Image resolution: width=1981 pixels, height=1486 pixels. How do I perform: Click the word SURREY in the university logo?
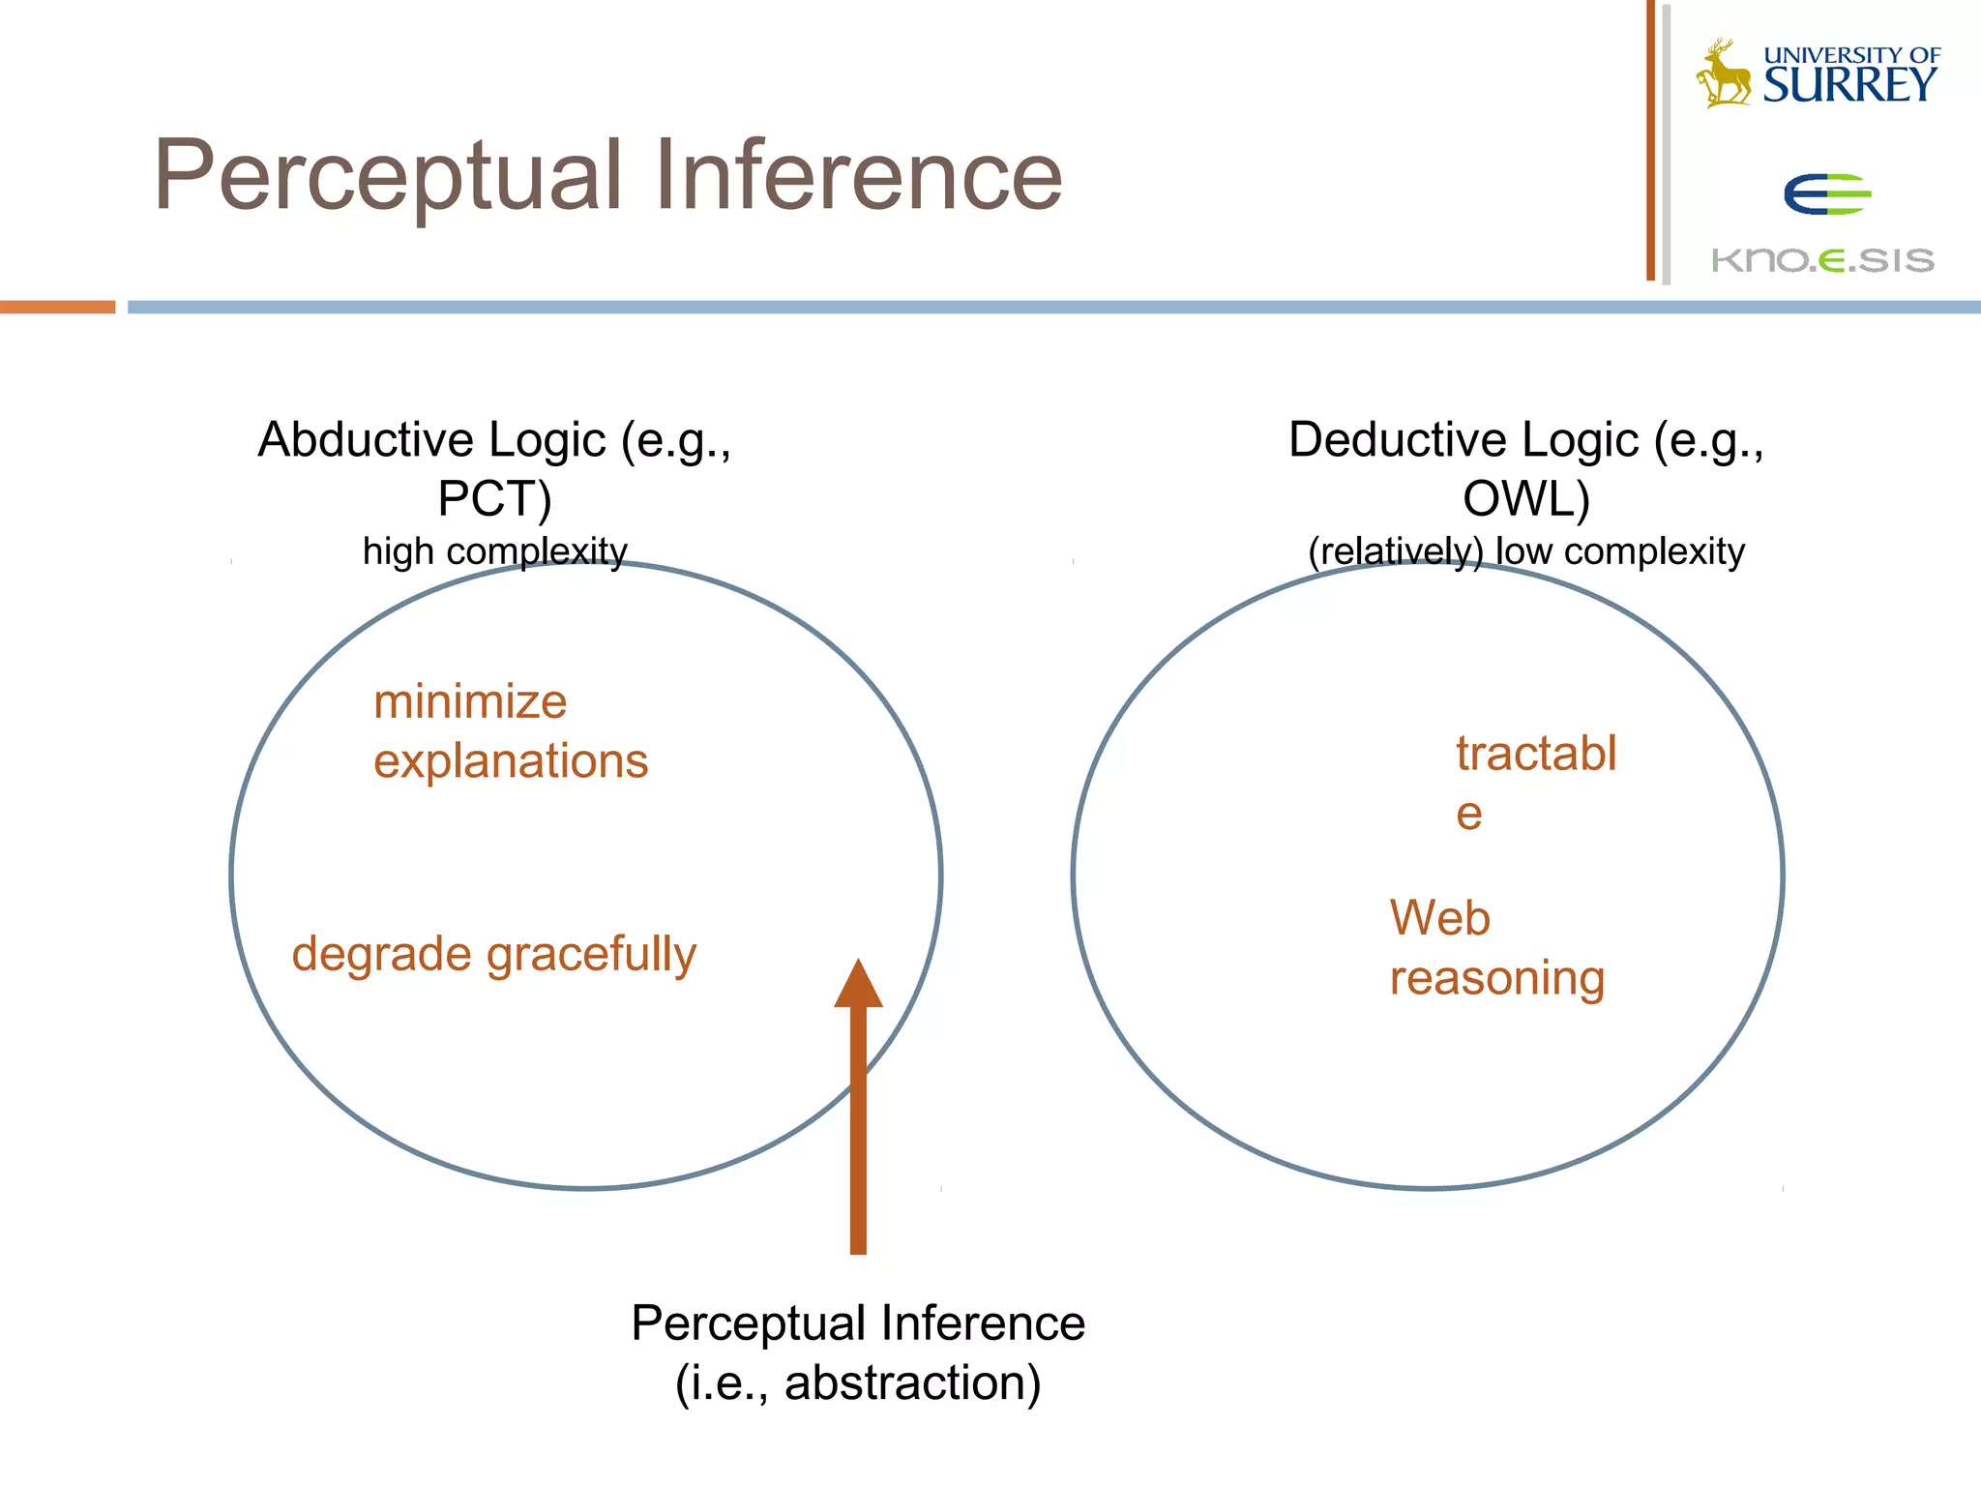[1848, 85]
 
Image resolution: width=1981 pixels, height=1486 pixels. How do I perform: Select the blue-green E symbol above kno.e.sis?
[1825, 194]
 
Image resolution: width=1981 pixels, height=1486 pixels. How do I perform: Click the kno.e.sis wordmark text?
[1822, 259]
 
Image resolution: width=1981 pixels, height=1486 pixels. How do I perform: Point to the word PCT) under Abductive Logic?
[494, 499]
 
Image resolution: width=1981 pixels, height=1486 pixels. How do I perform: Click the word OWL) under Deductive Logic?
[1525, 499]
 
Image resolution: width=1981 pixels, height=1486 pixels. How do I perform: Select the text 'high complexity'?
[494, 551]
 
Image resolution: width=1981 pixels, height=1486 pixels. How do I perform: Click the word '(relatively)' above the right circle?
[1394, 551]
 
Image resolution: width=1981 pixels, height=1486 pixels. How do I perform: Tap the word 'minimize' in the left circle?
[470, 701]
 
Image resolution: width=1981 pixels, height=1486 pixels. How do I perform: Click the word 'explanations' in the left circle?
[511, 761]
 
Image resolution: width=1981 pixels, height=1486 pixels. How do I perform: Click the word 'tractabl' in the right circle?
[1536, 754]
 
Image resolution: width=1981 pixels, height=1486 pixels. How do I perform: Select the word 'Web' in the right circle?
[1439, 917]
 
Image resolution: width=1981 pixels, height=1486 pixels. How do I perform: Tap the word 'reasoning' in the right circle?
[1496, 978]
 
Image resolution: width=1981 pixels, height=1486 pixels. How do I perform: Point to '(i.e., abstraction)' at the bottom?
[858, 1382]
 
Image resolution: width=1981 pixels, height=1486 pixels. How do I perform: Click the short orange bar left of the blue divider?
[57, 307]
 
